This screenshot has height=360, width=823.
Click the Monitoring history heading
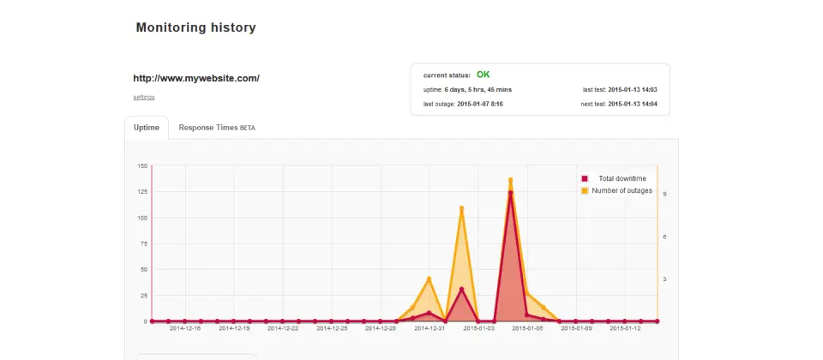195,27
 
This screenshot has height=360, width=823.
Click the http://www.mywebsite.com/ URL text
196,78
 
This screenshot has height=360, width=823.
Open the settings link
144,97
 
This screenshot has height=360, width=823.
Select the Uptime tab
147,128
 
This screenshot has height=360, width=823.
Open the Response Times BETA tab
217,128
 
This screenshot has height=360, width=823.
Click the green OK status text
483,75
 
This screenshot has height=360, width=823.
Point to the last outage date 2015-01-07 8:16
480,104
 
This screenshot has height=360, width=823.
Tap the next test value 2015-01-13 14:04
633,104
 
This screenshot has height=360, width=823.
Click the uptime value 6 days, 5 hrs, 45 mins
478,90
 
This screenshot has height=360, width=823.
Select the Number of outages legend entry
616,190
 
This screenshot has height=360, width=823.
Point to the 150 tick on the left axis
141,165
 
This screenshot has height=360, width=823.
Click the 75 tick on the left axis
143,243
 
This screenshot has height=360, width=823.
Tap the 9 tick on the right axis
664,195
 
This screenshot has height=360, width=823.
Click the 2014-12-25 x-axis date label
332,328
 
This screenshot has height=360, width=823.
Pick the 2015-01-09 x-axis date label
576,328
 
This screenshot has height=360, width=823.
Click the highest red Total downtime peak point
510,193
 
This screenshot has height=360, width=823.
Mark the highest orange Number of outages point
510,180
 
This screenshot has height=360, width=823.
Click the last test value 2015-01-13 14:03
633,90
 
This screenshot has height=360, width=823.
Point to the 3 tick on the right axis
664,279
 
